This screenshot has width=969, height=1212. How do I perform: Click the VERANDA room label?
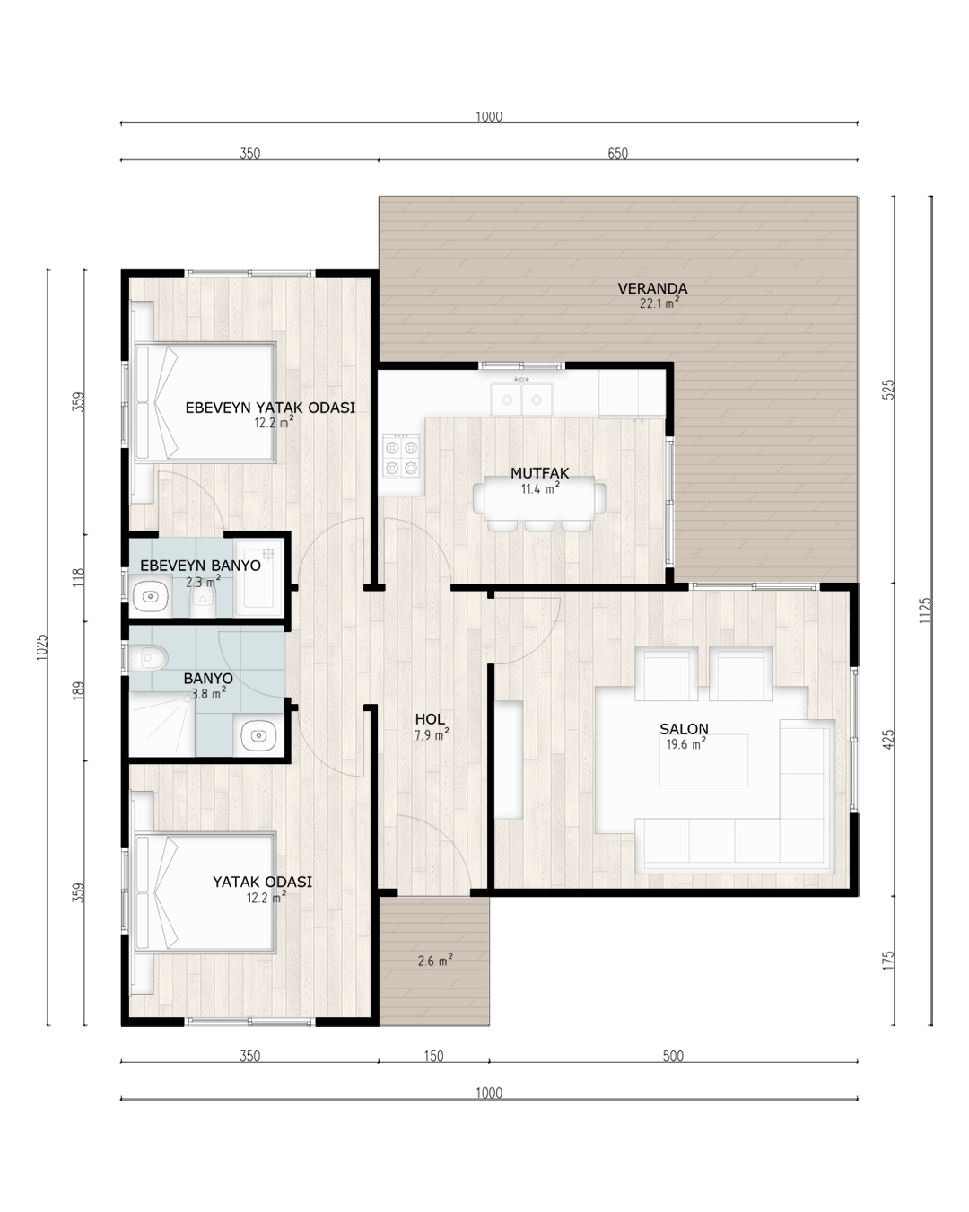pyautogui.click(x=652, y=288)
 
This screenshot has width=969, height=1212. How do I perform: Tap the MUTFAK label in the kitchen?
pyautogui.click(x=539, y=473)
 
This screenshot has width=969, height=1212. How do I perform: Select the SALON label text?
pyautogui.click(x=684, y=729)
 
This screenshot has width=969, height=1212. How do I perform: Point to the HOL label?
pyautogui.click(x=430, y=719)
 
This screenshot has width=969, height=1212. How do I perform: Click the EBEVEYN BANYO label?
pyautogui.click(x=200, y=566)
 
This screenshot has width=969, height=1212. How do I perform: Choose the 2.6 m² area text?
pyautogui.click(x=435, y=960)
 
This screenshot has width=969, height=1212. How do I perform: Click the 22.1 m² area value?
pyautogui.click(x=659, y=303)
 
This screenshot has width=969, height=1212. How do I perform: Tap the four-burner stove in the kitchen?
pyautogui.click(x=401, y=456)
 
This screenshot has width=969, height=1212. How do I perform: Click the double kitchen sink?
pyautogui.click(x=521, y=400)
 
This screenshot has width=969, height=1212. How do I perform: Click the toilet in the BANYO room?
pyautogui.click(x=148, y=657)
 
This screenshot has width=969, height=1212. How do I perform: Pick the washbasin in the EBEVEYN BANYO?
pyautogui.click(x=150, y=596)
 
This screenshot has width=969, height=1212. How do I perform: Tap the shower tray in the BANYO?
pyautogui.click(x=162, y=725)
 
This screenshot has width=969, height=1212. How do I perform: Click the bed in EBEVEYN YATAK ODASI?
pyautogui.click(x=205, y=402)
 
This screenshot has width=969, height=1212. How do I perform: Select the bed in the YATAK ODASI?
pyautogui.click(x=205, y=892)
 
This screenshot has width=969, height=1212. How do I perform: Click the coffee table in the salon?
pyautogui.click(x=703, y=760)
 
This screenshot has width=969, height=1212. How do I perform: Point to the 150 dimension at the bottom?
pyautogui.click(x=433, y=1056)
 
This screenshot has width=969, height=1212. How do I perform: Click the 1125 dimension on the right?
pyautogui.click(x=925, y=610)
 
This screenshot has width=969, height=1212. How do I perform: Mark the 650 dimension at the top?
pyautogui.click(x=617, y=154)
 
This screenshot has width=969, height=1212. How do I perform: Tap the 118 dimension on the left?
pyautogui.click(x=79, y=577)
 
